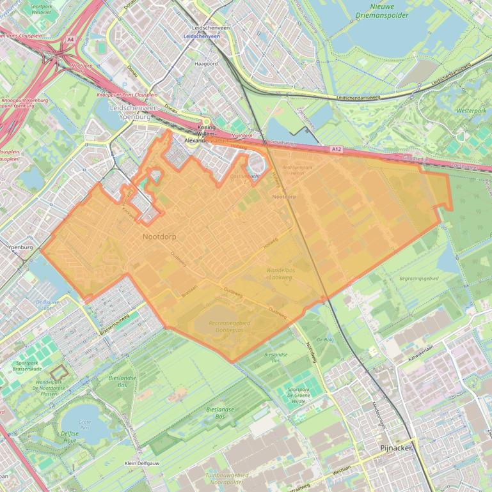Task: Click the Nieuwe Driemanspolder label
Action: coord(383,10)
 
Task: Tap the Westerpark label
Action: coord(472,111)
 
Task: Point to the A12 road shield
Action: coord(337,149)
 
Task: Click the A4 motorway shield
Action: coord(70,40)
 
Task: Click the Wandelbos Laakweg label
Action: coord(280,274)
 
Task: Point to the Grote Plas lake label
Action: coord(84,424)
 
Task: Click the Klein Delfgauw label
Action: coord(141,463)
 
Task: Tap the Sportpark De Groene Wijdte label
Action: coord(298,396)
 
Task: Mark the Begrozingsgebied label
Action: coord(418,279)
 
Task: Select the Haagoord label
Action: coord(206,64)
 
